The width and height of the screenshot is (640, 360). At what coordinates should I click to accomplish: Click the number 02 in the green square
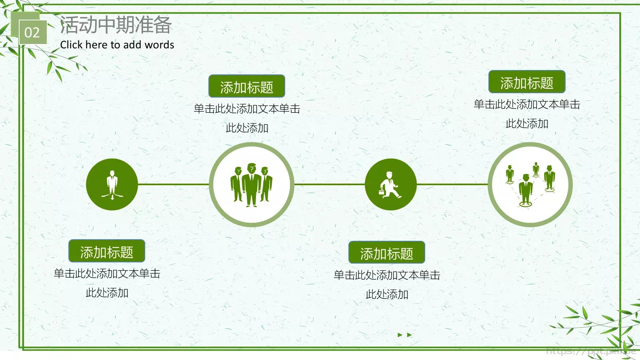pyautogui.click(x=32, y=32)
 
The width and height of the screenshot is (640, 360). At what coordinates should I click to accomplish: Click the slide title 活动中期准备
pyautogui.click(x=116, y=25)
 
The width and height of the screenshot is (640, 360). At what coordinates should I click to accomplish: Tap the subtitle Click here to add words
pyautogui.click(x=117, y=45)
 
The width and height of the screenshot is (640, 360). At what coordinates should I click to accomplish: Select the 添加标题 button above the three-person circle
pyautogui.click(x=246, y=86)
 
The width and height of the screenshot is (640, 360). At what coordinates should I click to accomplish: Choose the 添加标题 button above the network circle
pyautogui.click(x=526, y=82)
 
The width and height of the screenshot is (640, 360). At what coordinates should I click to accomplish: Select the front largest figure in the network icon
pyautogui.click(x=525, y=189)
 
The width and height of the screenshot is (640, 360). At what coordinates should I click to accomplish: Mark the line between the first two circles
pyautogui.click(x=173, y=184)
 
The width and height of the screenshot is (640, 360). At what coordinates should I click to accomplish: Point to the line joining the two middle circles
pyautogui.click(x=329, y=184)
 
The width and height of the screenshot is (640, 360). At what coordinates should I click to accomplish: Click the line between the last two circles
pyautogui.click(x=452, y=184)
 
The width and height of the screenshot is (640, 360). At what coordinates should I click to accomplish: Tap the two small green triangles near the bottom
pyautogui.click(x=404, y=335)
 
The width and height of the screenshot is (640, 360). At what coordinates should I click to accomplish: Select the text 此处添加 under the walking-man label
pyautogui.click(x=387, y=294)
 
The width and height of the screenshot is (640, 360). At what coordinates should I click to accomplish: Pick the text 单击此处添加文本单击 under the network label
pyautogui.click(x=527, y=104)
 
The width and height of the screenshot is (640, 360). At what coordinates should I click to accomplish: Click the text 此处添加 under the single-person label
pyautogui.click(x=107, y=293)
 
